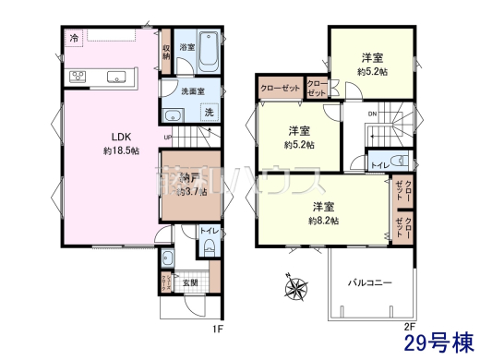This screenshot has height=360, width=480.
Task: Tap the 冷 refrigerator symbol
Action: coord(73,38)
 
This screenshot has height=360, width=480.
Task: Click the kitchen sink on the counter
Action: coord(117,77)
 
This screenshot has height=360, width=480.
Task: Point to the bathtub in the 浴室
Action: coord(207,52)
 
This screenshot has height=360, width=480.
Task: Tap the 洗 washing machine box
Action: coord(210,112)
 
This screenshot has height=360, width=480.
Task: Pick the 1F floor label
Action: coord(217,325)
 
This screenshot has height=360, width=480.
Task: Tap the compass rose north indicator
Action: coord(298,289)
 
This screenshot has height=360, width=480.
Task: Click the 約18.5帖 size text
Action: coord(120,150)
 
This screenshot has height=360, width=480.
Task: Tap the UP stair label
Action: coord(166,139)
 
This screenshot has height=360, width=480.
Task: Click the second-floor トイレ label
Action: coord(378,164)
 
